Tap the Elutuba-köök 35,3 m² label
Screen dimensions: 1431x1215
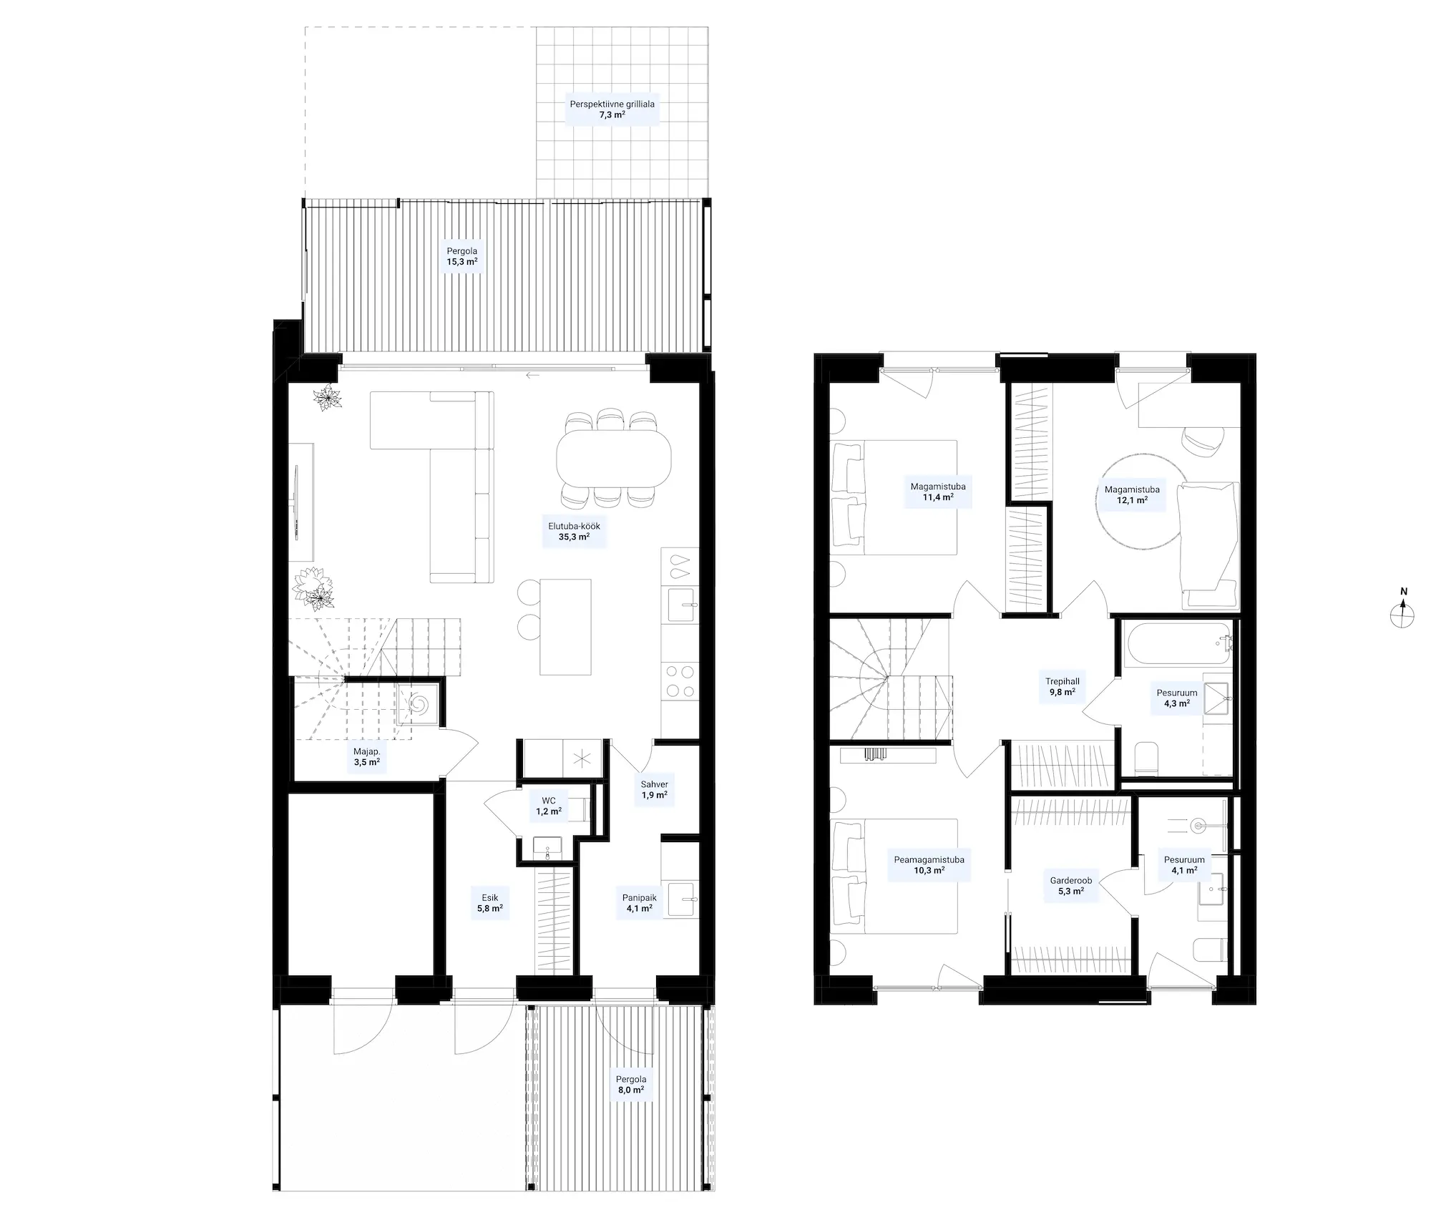click(574, 531)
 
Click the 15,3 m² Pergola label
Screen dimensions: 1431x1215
click(461, 256)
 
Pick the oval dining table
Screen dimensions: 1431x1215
click(614, 458)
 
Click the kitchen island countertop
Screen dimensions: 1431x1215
click(565, 627)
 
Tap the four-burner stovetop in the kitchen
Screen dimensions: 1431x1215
click(678, 681)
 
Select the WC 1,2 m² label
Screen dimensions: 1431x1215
click(549, 806)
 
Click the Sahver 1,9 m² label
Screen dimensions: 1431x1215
click(654, 789)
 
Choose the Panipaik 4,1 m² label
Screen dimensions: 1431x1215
click(639, 903)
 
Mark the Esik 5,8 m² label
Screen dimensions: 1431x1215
click(489, 903)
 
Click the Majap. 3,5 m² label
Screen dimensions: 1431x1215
click(366, 757)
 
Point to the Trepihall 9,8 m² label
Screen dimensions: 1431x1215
click(1062, 687)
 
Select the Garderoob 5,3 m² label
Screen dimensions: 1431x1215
click(1070, 886)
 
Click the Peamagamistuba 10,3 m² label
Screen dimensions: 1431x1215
click(929, 865)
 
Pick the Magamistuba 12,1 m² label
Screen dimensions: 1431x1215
click(1132, 495)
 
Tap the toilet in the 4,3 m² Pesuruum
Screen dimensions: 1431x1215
click(1148, 758)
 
